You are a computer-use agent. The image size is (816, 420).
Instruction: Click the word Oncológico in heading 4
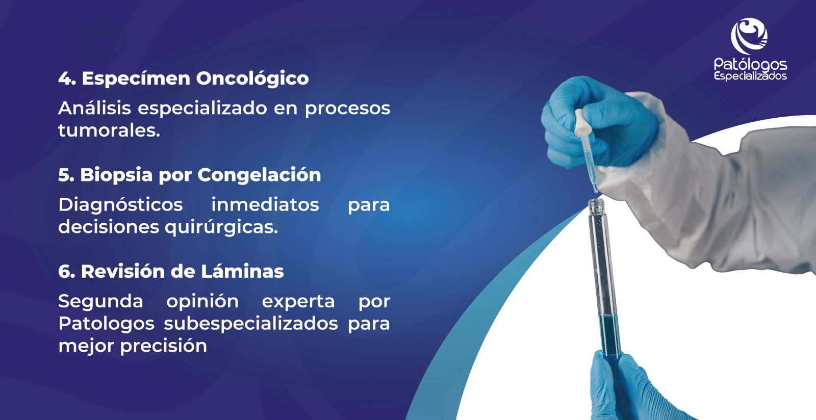[x=252, y=79]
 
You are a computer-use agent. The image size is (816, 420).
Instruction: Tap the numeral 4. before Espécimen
[x=67, y=78]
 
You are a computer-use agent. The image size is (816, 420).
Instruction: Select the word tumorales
[x=109, y=130]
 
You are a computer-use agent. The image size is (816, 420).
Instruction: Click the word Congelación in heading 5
[x=259, y=175]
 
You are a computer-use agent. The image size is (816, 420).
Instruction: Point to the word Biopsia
[x=116, y=175]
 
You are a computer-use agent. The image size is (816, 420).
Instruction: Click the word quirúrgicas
[x=221, y=227]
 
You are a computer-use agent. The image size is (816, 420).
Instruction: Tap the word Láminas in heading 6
[x=242, y=272]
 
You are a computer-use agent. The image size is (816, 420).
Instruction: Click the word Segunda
[x=100, y=302]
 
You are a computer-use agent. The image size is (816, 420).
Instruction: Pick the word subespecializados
[x=250, y=324]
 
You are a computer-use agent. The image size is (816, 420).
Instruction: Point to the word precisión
[x=164, y=346]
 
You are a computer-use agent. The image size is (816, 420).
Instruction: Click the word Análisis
[x=94, y=108]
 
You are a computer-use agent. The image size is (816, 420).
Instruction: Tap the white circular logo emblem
[x=749, y=36]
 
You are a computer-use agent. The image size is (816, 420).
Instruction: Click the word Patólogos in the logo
[x=750, y=65]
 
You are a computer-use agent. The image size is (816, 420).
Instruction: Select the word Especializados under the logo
[x=750, y=76]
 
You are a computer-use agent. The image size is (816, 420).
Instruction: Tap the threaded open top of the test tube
[x=597, y=206]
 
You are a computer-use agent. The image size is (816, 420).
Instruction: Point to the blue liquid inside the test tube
[x=608, y=335]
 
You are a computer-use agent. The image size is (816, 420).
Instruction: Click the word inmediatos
[x=265, y=204]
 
